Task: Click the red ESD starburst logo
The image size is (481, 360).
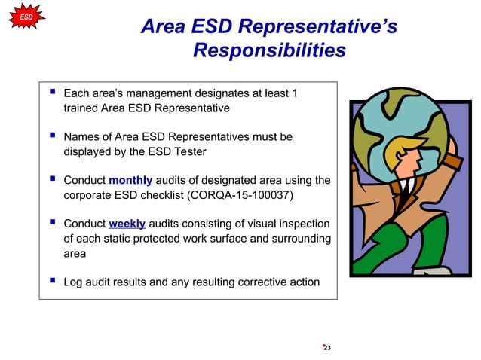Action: [25, 16]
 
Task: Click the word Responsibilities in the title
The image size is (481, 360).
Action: [269, 50]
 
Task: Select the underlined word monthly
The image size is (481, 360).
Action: [130, 181]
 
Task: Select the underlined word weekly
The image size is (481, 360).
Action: [127, 224]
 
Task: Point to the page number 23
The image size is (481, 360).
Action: [327, 347]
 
